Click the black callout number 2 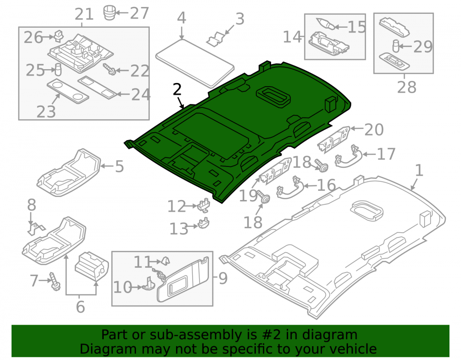(x=177, y=89)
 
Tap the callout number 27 (x=139, y=13)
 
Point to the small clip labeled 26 (x=59, y=35)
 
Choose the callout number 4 (x=182, y=18)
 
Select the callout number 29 (x=423, y=47)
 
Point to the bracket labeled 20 (x=334, y=140)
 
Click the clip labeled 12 (x=204, y=205)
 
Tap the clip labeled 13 (x=203, y=223)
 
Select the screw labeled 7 (x=55, y=281)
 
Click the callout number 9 (x=223, y=278)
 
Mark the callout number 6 (x=80, y=307)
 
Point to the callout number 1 (x=419, y=171)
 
